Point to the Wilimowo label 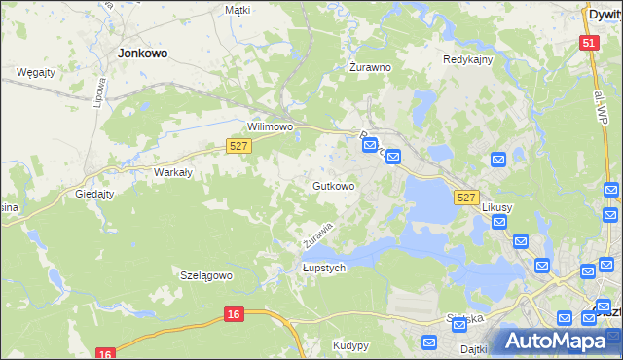271,127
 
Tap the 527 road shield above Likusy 466,198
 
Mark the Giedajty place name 95,194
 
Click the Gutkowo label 333,186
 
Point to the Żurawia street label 317,234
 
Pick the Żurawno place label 370,68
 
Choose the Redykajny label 468,59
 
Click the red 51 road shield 589,43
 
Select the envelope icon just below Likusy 499,223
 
